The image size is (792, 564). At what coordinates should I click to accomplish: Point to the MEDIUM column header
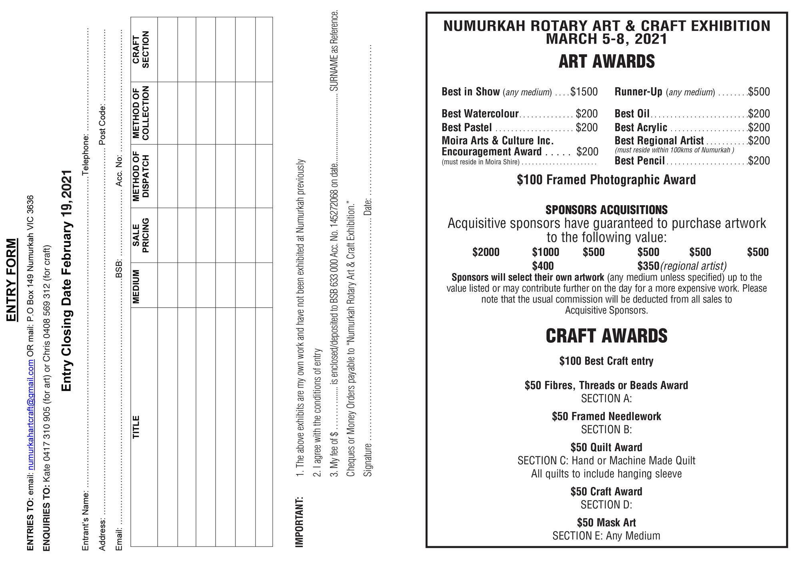click(136, 286)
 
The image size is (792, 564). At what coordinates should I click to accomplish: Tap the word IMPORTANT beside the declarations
click(299, 522)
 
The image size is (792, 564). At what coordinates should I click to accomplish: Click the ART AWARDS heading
click(606, 62)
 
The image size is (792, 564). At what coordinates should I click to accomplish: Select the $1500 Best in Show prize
click(584, 92)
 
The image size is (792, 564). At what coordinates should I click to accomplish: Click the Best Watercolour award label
click(480, 114)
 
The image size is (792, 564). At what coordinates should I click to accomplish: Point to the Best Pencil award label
click(640, 161)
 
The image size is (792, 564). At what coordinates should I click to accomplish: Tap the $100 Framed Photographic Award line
click(606, 180)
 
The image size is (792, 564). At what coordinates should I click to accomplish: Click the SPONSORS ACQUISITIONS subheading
click(606, 210)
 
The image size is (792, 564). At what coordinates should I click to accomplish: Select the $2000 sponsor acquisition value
click(486, 252)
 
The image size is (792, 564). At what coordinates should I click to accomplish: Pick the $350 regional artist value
click(648, 266)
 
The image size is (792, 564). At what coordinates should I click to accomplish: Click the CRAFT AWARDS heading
click(606, 336)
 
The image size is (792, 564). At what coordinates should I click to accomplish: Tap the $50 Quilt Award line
click(606, 447)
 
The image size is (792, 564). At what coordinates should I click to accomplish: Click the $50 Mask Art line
click(606, 522)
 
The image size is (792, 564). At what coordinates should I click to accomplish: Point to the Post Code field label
click(102, 125)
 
